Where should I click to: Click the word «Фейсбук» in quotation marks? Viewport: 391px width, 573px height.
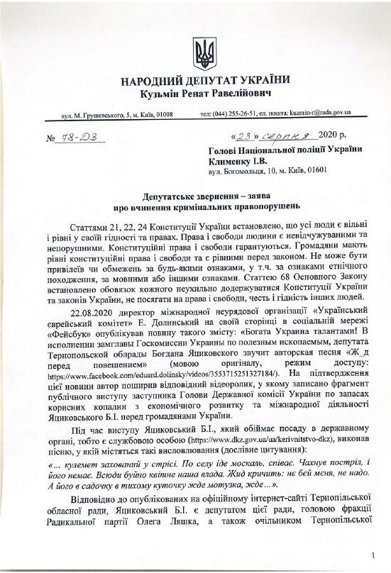coord(72,334)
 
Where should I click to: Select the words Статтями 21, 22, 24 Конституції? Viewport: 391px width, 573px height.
coord(138,228)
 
